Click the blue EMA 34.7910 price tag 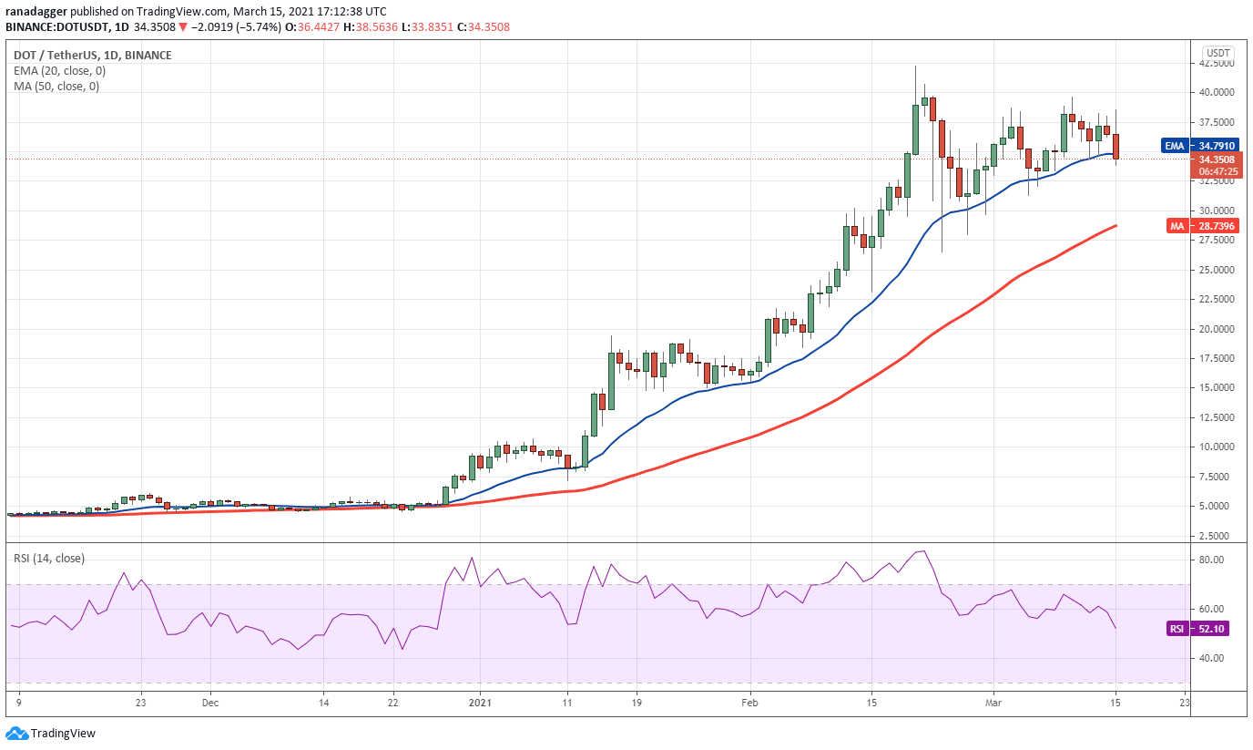tap(1200, 146)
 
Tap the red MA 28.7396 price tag tap(1203, 226)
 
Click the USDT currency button tap(1217, 53)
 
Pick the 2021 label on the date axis tap(480, 703)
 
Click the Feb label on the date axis tap(749, 703)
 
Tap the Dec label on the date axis tap(209, 703)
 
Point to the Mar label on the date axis tap(993, 703)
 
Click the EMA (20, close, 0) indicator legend tap(59, 71)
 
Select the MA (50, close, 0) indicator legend tap(56, 87)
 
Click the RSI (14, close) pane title tap(49, 559)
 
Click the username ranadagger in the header tap(36, 12)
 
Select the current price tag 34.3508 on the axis tap(1216, 159)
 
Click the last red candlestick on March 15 tap(1116, 147)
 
